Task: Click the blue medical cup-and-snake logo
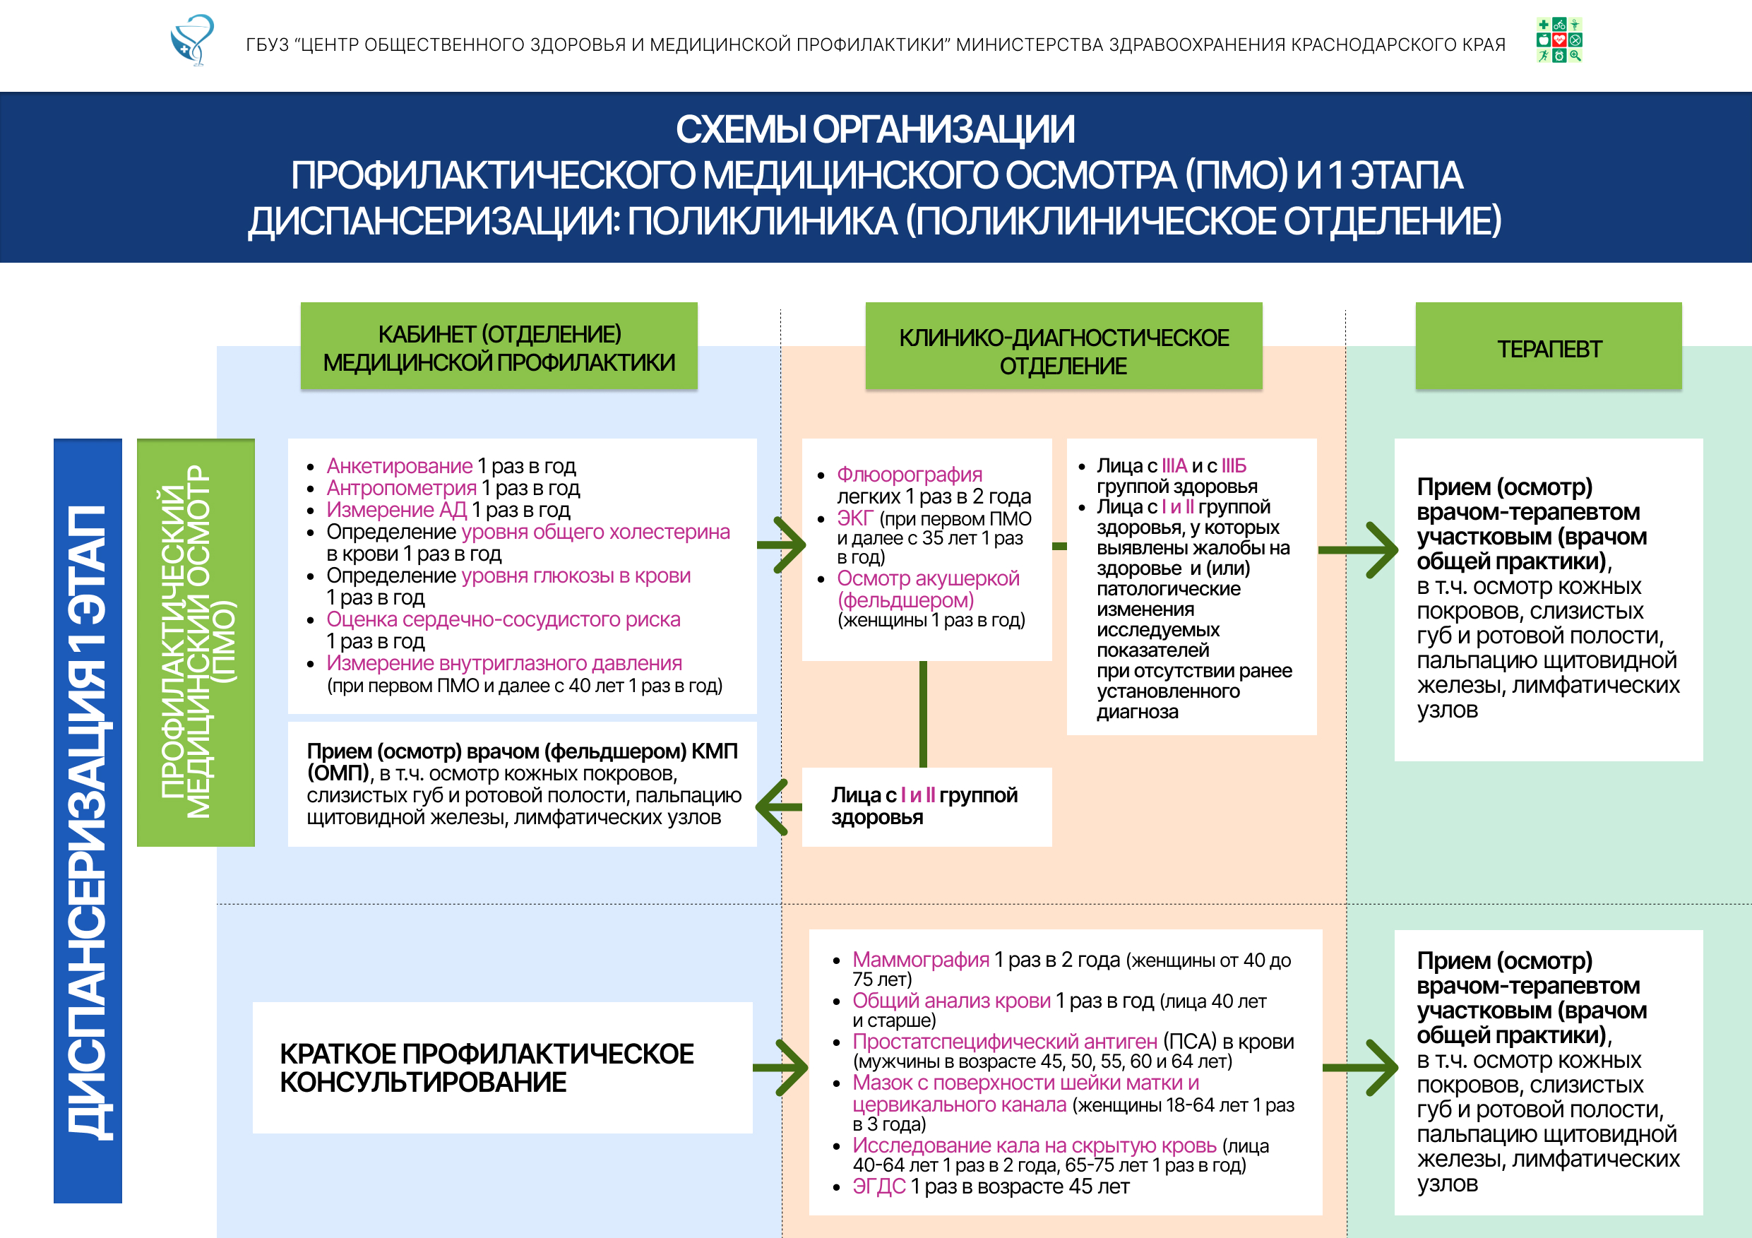pyautogui.click(x=192, y=40)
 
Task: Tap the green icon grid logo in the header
pyautogui.click(x=1559, y=40)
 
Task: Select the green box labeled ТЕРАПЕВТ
pyautogui.click(x=1548, y=347)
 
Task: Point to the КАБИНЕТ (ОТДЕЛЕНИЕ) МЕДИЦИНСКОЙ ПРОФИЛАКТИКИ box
pyautogui.click(x=499, y=347)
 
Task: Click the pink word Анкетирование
pyautogui.click(x=399, y=465)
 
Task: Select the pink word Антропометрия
pyautogui.click(x=401, y=488)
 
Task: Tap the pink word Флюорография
pyautogui.click(x=909, y=474)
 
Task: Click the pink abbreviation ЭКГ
pyautogui.click(x=854, y=518)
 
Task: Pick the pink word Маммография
pyautogui.click(x=920, y=960)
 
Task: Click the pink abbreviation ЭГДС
pyautogui.click(x=879, y=1186)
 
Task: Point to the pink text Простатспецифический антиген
pyautogui.click(x=1004, y=1041)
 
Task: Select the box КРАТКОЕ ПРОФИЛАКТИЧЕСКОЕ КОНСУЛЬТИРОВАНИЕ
pyautogui.click(x=502, y=1068)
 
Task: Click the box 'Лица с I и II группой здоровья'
pyautogui.click(x=926, y=807)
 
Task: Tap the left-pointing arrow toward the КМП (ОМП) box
pyautogui.click(x=779, y=807)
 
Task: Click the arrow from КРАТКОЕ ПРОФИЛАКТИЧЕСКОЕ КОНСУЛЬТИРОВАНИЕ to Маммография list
pyautogui.click(x=780, y=1068)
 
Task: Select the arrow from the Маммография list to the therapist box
pyautogui.click(x=1360, y=1068)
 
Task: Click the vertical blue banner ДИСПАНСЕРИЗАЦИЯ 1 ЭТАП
pyautogui.click(x=88, y=821)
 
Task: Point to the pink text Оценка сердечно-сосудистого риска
pyautogui.click(x=503, y=619)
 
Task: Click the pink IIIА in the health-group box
pyautogui.click(x=1174, y=465)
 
